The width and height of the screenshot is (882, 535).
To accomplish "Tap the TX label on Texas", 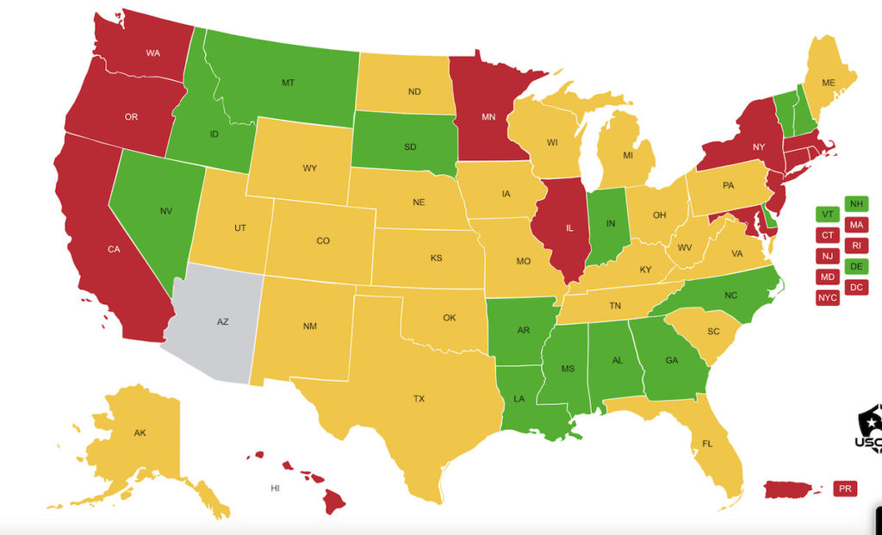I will [x=419, y=399].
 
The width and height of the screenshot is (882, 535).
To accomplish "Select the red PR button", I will [x=844, y=488].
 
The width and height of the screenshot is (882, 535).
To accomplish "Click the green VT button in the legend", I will [x=827, y=215].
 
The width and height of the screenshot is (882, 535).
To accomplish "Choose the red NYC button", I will [x=827, y=297].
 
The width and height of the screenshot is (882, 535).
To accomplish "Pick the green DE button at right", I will [x=856, y=266].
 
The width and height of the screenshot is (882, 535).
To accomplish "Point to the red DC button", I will [x=856, y=287].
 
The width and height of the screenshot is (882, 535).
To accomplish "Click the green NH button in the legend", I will [x=856, y=204].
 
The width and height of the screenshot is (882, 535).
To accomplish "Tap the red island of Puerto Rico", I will [x=788, y=489].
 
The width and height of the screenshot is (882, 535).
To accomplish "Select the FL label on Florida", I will [x=706, y=445].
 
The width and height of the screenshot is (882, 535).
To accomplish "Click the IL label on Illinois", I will [x=557, y=230].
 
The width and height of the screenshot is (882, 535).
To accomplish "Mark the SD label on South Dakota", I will [x=411, y=146].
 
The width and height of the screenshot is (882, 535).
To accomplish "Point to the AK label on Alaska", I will [x=140, y=432].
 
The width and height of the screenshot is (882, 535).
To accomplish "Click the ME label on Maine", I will [x=829, y=83].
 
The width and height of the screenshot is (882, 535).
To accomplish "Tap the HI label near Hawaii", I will [x=276, y=488].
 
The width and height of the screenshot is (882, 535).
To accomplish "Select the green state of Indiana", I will [x=611, y=223].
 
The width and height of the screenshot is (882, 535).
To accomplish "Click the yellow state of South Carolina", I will [x=713, y=332].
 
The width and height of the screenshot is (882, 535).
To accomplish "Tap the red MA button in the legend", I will [x=856, y=225].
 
